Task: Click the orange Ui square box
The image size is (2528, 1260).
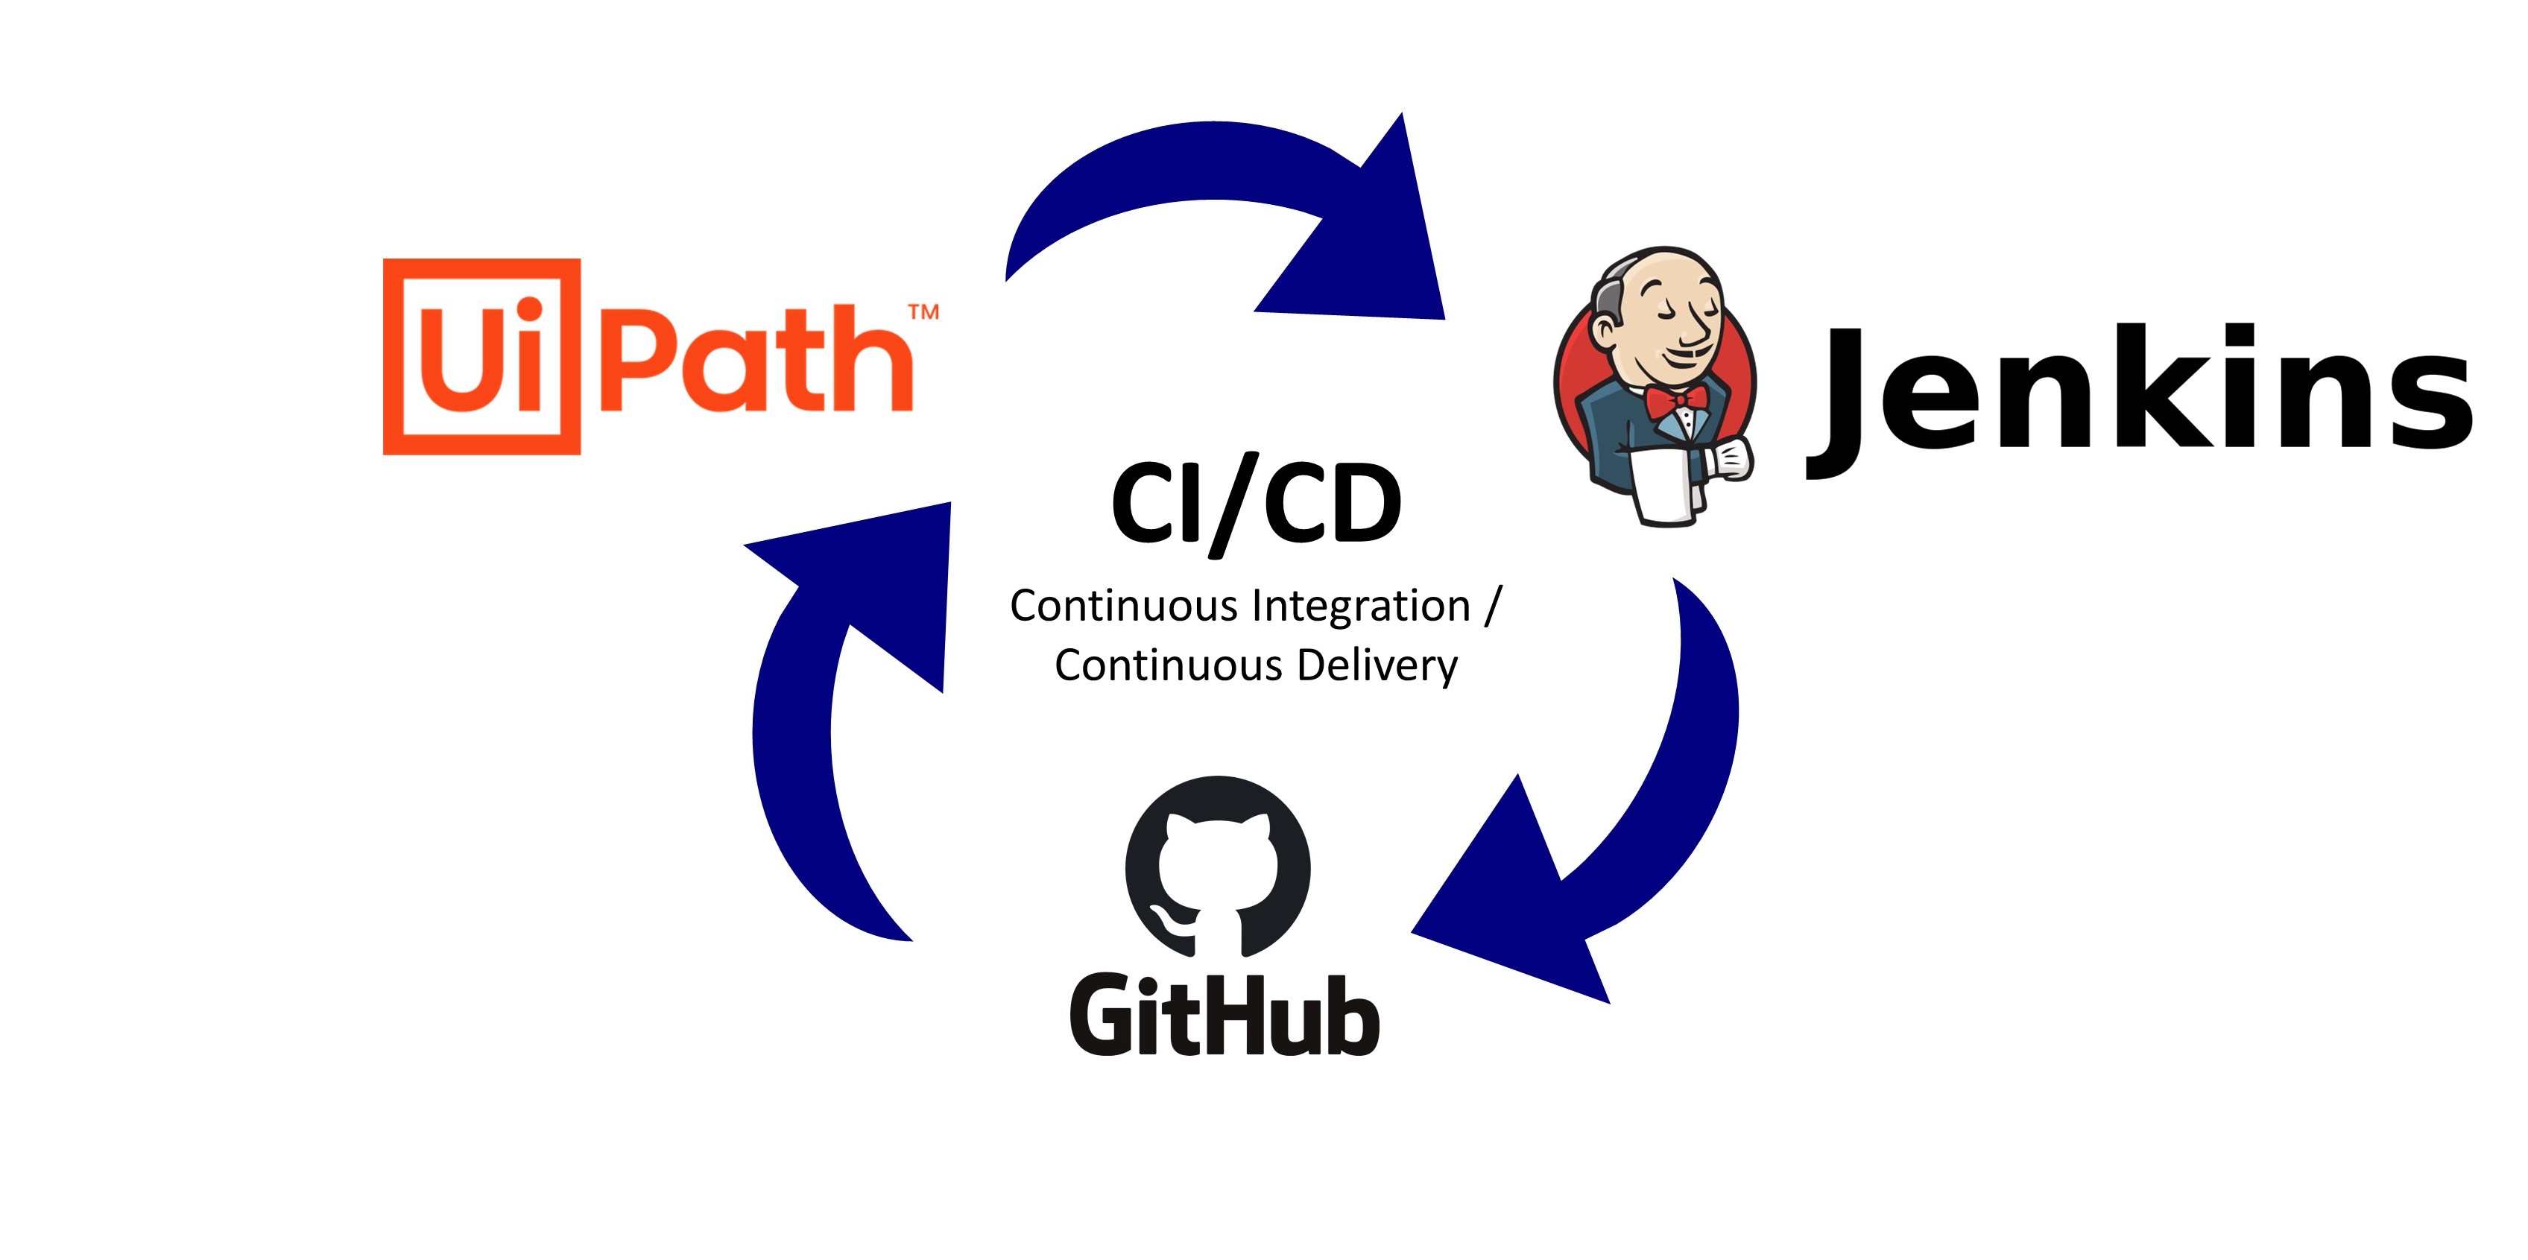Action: (x=481, y=356)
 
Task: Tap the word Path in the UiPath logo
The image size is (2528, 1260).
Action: (x=756, y=358)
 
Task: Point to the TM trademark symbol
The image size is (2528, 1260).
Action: (x=923, y=312)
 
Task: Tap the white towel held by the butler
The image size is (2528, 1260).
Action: (x=1666, y=486)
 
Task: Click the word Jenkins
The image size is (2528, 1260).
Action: (x=2140, y=393)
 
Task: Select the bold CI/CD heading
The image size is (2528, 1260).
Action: (x=1256, y=505)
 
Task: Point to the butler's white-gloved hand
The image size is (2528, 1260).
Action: (x=1729, y=459)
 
